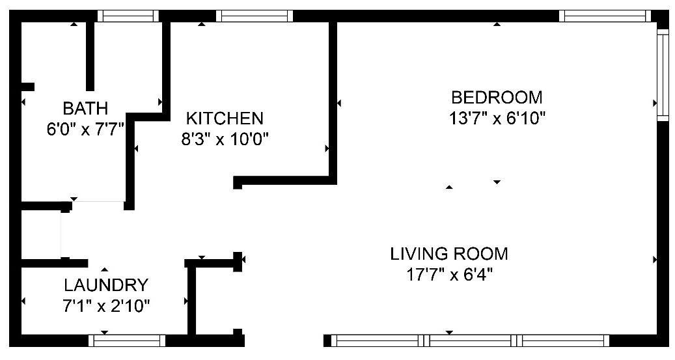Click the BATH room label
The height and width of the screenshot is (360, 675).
pos(85,108)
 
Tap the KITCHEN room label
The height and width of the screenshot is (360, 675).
pos(225,118)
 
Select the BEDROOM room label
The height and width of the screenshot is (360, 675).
pos(497,97)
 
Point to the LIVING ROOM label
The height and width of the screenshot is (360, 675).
pos(449,254)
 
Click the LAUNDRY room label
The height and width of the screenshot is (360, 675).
pos(106,285)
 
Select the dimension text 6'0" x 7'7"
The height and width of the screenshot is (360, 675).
pos(85,129)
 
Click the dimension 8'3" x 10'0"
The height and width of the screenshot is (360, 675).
pos(225,139)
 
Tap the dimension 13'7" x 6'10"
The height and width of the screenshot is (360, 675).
pos(497,118)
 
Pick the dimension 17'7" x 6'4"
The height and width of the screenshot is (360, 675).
pos(449,274)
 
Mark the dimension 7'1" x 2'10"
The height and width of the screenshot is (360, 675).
pos(106,306)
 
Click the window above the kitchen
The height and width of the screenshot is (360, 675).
pos(255,16)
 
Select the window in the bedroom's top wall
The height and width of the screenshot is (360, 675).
pos(605,16)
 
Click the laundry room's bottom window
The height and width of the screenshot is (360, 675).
pos(127,340)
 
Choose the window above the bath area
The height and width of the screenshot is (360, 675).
pos(128,16)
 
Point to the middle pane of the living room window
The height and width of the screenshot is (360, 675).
pos(470,340)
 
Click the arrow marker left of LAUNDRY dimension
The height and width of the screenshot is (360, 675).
pos(23,301)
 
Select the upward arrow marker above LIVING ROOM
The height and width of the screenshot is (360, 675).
pos(449,187)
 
